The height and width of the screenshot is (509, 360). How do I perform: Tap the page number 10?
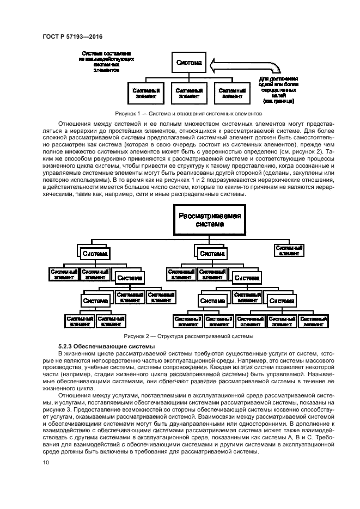click(46, 463)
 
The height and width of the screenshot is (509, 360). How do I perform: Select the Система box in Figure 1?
click(189, 63)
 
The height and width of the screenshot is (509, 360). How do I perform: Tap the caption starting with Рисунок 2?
click(188, 336)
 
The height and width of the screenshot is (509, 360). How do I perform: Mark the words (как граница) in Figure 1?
click(278, 101)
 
